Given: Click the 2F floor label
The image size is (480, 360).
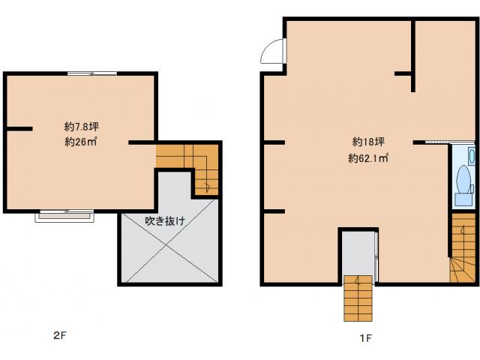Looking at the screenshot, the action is pos(60,335).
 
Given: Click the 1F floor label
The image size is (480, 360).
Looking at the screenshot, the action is pos(365,338).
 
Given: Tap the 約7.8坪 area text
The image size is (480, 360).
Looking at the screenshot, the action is pos(82,127).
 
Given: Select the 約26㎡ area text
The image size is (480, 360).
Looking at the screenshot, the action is pos(81,142).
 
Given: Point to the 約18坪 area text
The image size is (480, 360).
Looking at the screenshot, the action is pos(368,142).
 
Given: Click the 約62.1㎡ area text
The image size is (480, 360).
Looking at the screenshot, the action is pos(368,158).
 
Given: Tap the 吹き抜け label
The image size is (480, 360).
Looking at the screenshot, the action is pos(165,220).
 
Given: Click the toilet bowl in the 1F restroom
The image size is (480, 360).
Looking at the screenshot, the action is pos(463,179).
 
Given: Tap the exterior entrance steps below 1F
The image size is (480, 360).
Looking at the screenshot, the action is pos(358,298).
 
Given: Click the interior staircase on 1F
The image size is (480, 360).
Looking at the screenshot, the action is pos(463,247).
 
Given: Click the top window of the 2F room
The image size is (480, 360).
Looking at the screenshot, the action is pos(91,73).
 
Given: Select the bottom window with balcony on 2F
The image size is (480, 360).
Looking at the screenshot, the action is pos(64,215).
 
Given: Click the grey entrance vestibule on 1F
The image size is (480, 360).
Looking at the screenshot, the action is pos(358,253).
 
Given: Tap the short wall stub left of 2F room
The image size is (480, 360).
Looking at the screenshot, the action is pos(19,129).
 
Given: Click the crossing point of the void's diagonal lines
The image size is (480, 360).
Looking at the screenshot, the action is pos(166,245).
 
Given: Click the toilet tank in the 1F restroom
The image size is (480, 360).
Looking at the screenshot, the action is pos(463,199).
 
